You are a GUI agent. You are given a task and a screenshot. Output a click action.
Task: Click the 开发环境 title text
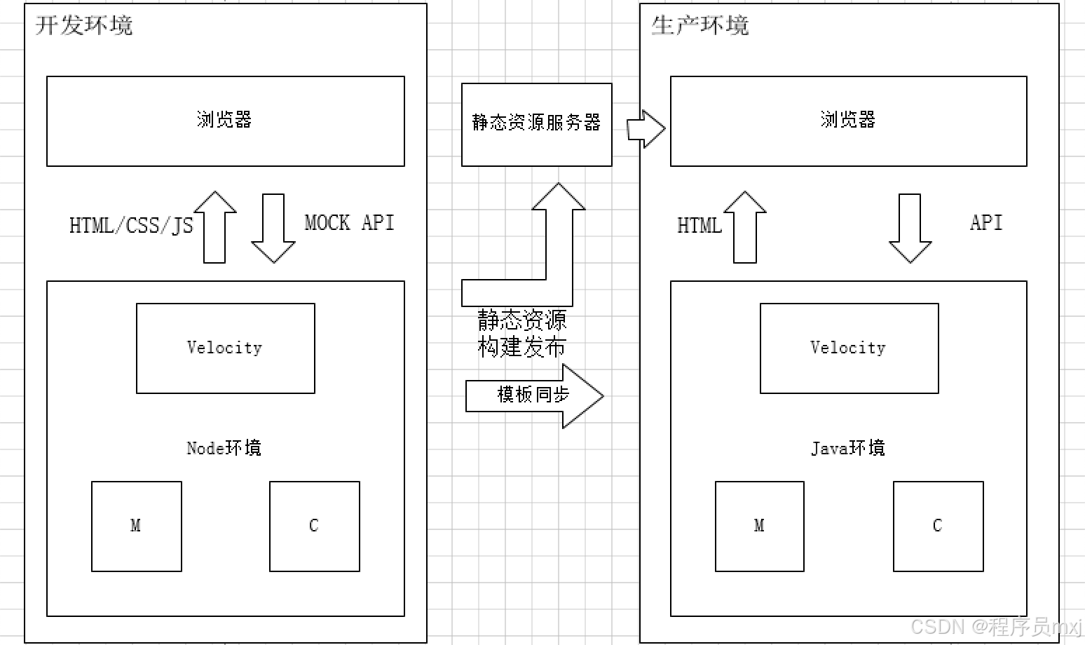pyautogui.click(x=83, y=25)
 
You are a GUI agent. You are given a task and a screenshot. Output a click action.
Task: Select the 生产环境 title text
pyautogui.click(x=700, y=25)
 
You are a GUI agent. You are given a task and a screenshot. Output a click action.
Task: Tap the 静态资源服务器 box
pyautogui.click(x=536, y=124)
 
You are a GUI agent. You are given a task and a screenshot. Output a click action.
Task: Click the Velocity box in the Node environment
pyautogui.click(x=225, y=348)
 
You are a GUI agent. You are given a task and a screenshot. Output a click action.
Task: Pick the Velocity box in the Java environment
pyautogui.click(x=849, y=348)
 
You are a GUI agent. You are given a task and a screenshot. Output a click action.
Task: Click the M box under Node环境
pyautogui.click(x=136, y=526)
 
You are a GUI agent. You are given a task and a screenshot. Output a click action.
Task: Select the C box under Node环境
pyautogui.click(x=314, y=526)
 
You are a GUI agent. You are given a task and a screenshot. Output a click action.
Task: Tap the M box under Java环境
pyautogui.click(x=759, y=526)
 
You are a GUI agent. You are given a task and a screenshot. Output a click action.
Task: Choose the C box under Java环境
pyautogui.click(x=938, y=526)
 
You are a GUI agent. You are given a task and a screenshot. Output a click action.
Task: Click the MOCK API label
pyautogui.click(x=349, y=223)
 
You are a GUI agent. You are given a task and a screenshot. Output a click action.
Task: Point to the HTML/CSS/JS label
pyautogui.click(x=131, y=226)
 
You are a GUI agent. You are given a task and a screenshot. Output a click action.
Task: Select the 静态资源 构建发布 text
pyautogui.click(x=521, y=334)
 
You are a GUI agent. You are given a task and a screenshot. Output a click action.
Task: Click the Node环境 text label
pyautogui.click(x=224, y=448)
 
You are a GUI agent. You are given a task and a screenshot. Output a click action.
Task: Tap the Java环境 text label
pyautogui.click(x=848, y=448)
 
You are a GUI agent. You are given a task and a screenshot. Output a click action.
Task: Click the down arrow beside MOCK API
pyautogui.click(x=273, y=228)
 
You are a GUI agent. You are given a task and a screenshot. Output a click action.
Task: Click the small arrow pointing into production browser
pyautogui.click(x=646, y=128)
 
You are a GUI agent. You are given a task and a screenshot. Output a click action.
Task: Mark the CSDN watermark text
pyautogui.click(x=995, y=626)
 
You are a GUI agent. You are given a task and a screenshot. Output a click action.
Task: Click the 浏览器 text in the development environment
pyautogui.click(x=224, y=120)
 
